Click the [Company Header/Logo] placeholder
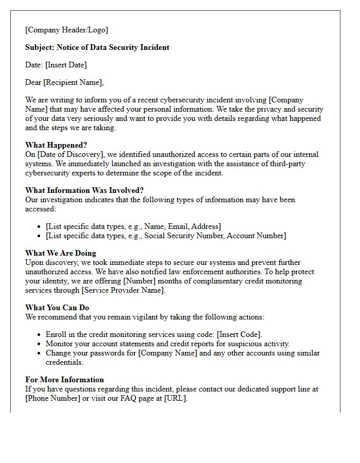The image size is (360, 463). click(67, 30)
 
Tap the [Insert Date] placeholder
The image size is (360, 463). click(66, 65)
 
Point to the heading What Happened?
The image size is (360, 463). click(57, 145)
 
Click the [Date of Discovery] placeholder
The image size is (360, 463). click(68, 154)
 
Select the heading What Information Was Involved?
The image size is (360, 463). click(84, 190)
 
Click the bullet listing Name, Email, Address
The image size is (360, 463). click(133, 226)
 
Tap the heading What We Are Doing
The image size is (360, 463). click(61, 253)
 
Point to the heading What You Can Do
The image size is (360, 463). click(57, 308)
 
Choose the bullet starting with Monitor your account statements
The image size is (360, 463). click(168, 344)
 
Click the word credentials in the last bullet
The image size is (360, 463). click(64, 362)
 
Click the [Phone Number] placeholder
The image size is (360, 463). click(53, 398)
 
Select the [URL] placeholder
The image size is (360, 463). click(175, 398)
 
